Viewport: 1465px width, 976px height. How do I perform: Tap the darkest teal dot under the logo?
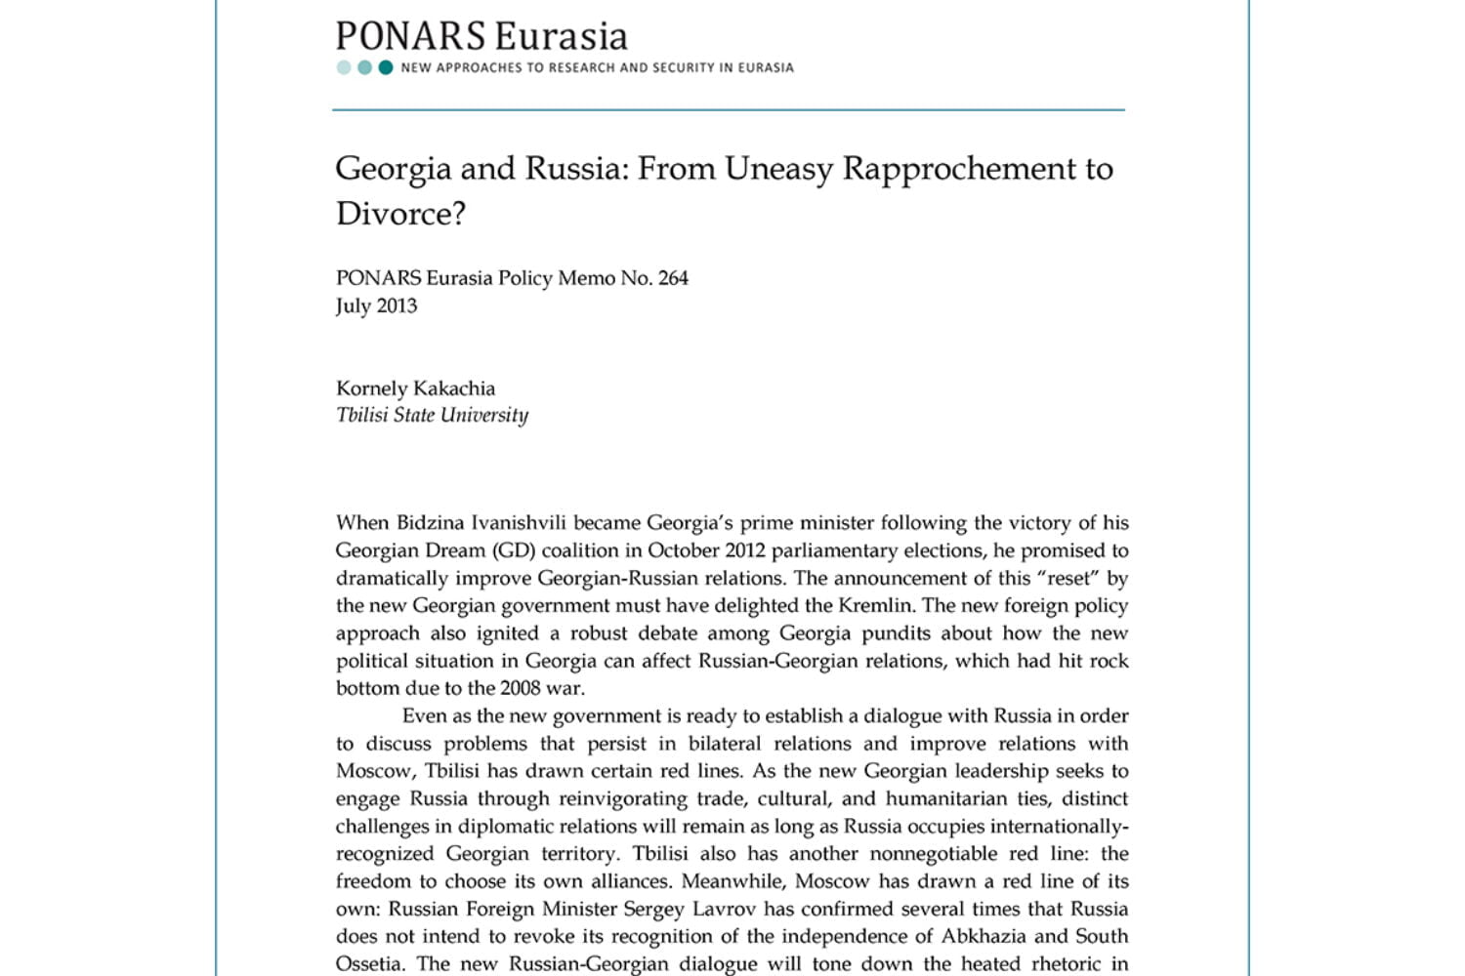click(x=386, y=67)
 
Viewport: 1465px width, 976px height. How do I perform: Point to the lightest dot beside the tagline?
click(x=344, y=67)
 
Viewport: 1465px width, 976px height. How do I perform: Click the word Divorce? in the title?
click(x=400, y=214)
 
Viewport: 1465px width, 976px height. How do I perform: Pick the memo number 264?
click(x=673, y=278)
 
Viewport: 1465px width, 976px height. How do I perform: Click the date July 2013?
click(x=376, y=305)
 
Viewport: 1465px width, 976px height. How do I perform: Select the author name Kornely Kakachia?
click(x=415, y=387)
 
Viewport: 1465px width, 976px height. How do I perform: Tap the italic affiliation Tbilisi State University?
click(x=432, y=415)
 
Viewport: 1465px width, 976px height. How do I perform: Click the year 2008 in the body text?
click(x=520, y=688)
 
